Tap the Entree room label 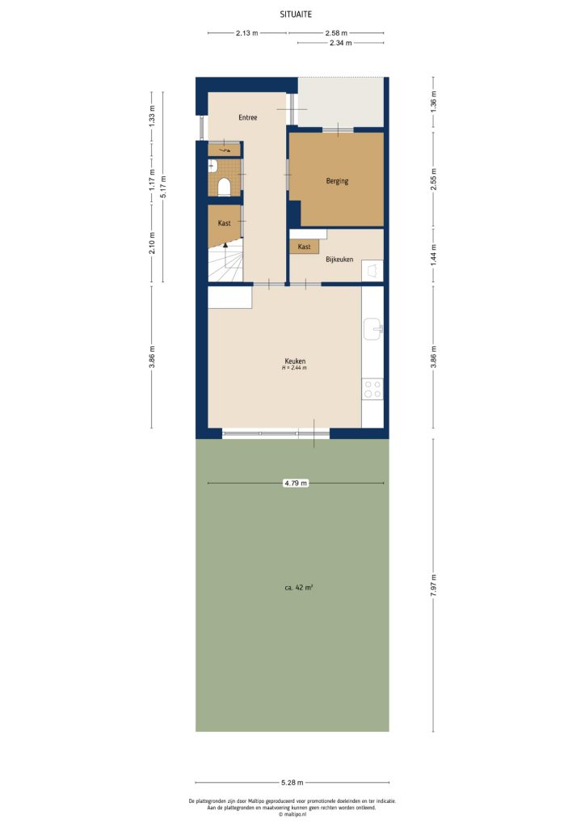(x=247, y=118)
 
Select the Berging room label (x=337, y=181)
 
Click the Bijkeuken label (x=339, y=260)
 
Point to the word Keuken (x=295, y=361)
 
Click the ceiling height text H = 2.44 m (x=295, y=369)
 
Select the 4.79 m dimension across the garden (x=296, y=483)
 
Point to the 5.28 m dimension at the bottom (x=292, y=783)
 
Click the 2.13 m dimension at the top (x=247, y=33)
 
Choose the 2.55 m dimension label (x=434, y=178)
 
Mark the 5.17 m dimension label (x=163, y=187)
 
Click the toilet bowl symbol (x=224, y=187)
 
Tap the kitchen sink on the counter (x=372, y=329)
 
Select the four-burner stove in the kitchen (x=372, y=389)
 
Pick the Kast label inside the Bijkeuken (x=305, y=247)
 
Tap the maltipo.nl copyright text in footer (x=292, y=814)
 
